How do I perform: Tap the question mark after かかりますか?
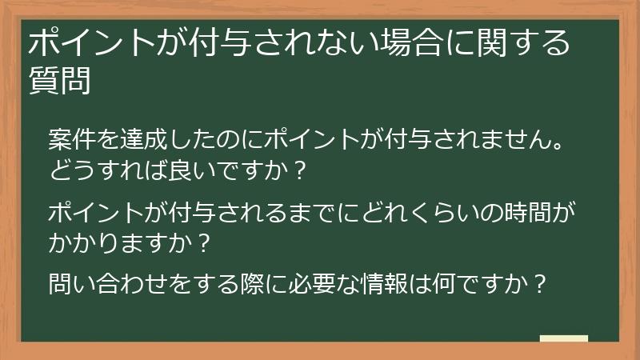coord(202,242)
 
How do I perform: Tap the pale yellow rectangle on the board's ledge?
coord(563,339)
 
